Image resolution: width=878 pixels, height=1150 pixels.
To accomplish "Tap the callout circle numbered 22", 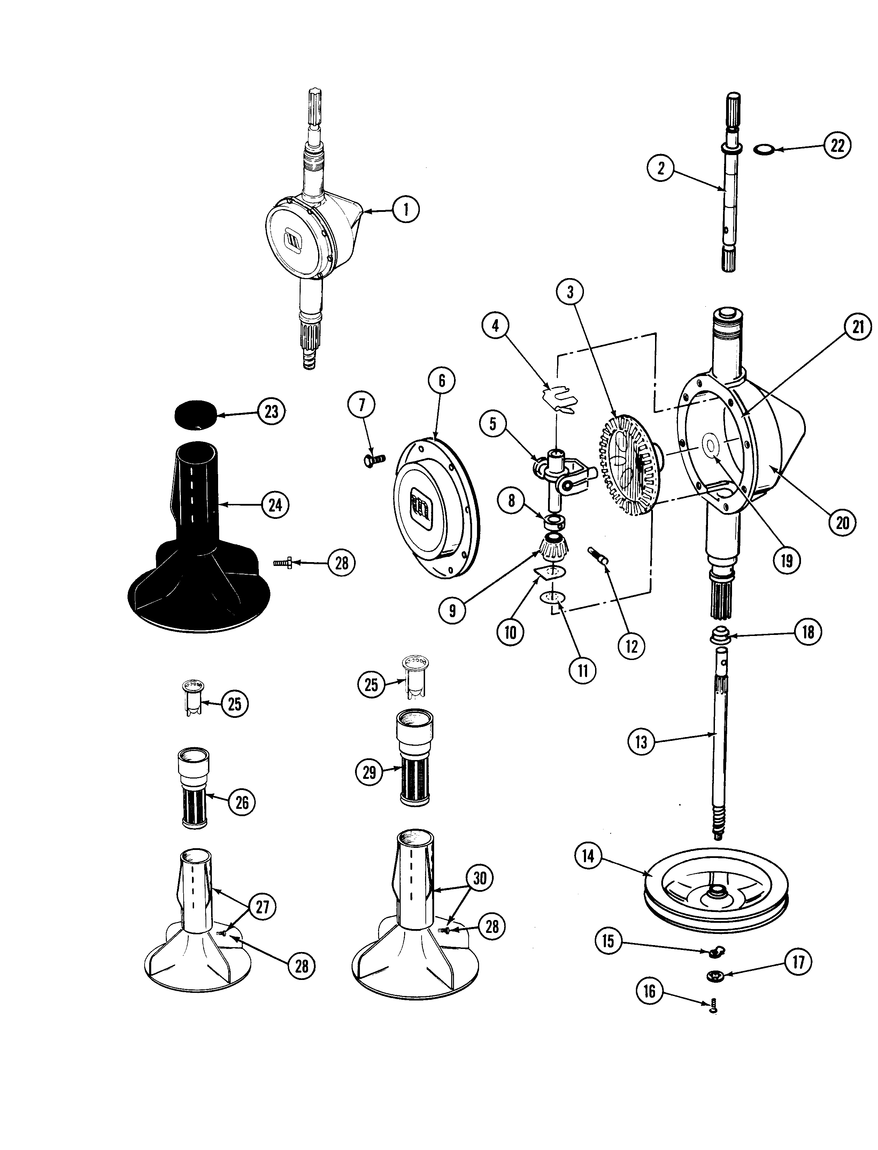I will (x=837, y=145).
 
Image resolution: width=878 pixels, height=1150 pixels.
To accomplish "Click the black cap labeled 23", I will (x=196, y=415).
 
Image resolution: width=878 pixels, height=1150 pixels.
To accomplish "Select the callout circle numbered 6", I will (x=442, y=381).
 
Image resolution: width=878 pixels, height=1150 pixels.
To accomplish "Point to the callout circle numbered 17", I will (x=798, y=962).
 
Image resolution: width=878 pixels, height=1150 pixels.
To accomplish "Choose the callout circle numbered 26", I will (x=242, y=802).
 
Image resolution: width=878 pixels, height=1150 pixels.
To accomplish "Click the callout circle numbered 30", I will (x=479, y=878).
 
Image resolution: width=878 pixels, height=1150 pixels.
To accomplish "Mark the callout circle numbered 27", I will (x=262, y=906).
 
